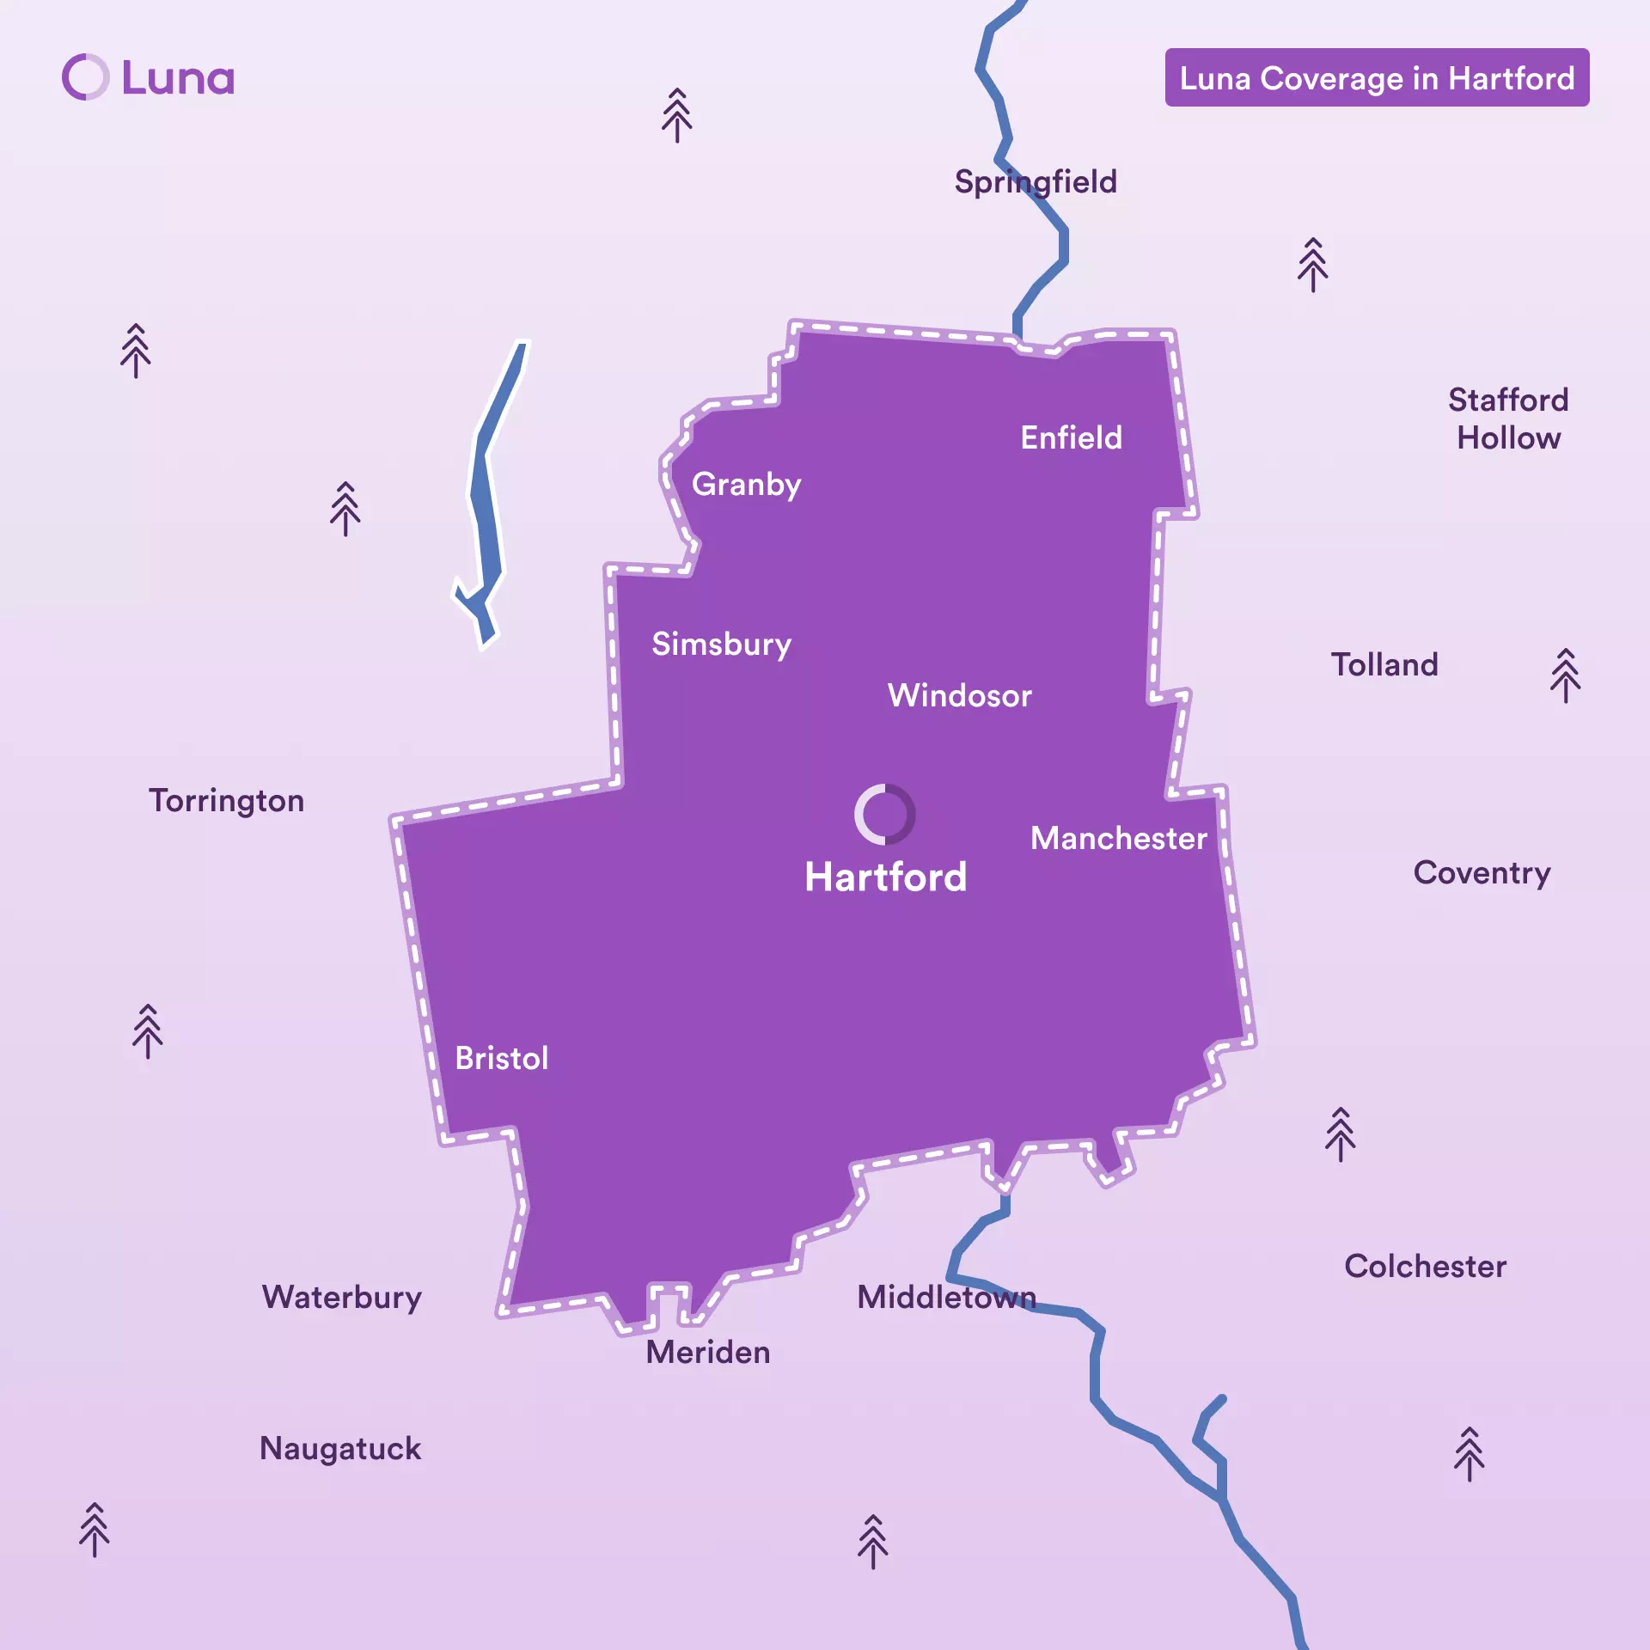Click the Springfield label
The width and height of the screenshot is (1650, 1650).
point(1036,182)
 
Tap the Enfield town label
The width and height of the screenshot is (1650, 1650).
point(1071,437)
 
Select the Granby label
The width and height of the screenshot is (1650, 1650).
point(746,485)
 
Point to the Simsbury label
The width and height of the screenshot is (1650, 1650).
point(721,645)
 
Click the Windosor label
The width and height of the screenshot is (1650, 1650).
point(959,695)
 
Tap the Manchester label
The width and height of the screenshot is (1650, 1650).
point(1118,838)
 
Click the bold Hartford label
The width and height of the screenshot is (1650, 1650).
point(885,877)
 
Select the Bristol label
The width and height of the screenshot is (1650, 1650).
point(501,1058)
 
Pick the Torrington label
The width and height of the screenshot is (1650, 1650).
point(226,801)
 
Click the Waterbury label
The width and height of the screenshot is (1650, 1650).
point(342,1297)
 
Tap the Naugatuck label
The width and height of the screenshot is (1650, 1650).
point(340,1448)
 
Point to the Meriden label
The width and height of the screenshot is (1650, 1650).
point(707,1352)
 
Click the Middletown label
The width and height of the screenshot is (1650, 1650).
point(946,1297)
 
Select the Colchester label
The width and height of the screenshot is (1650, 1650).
point(1425,1266)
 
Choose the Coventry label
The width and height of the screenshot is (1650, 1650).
point(1482,873)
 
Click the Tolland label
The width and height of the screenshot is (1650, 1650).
point(1384,664)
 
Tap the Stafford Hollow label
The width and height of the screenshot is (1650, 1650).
point(1508,419)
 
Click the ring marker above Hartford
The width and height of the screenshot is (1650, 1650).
point(884,814)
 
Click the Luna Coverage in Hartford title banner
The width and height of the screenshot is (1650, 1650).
point(1377,78)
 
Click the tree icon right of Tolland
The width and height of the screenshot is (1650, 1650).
point(1565,675)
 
